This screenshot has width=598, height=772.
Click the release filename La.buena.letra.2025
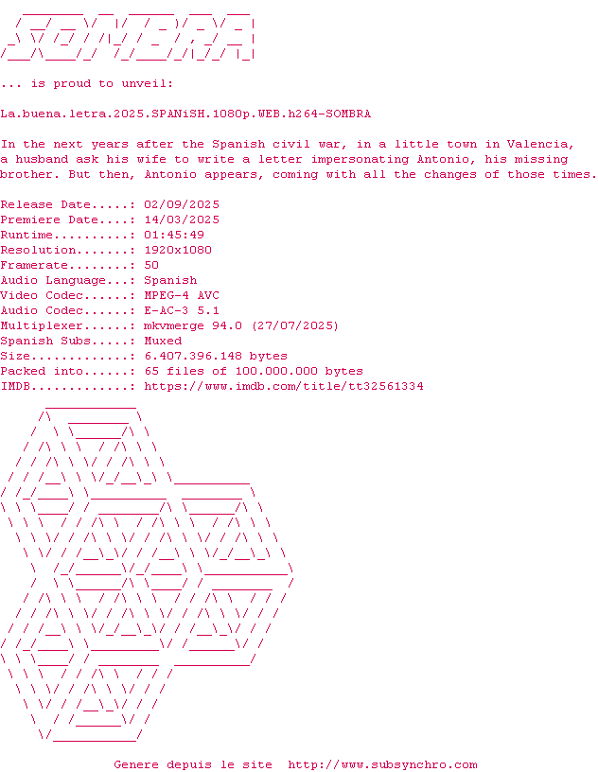pyautogui.click(x=185, y=114)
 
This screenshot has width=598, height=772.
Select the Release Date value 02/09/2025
pyautogui.click(x=182, y=204)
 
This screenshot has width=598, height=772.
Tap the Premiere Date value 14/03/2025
pyautogui.click(x=182, y=219)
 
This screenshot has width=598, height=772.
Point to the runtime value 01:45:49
pyautogui.click(x=174, y=235)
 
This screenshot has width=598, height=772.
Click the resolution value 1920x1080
pyautogui.click(x=178, y=250)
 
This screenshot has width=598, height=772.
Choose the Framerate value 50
pyautogui.click(x=151, y=265)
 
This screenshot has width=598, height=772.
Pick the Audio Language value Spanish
pyautogui.click(x=170, y=280)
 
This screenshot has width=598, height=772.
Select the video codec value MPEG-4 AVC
pyautogui.click(x=182, y=295)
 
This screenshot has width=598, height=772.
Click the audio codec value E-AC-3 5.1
pyautogui.click(x=182, y=310)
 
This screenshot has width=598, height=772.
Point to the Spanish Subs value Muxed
pyautogui.click(x=163, y=341)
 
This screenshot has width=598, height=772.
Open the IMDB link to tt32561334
pyautogui.click(x=284, y=386)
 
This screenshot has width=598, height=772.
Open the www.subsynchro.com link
pyautogui.click(x=382, y=764)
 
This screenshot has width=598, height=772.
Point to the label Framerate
pyautogui.click(x=34, y=265)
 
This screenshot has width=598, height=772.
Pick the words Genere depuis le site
pyautogui.click(x=193, y=764)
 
